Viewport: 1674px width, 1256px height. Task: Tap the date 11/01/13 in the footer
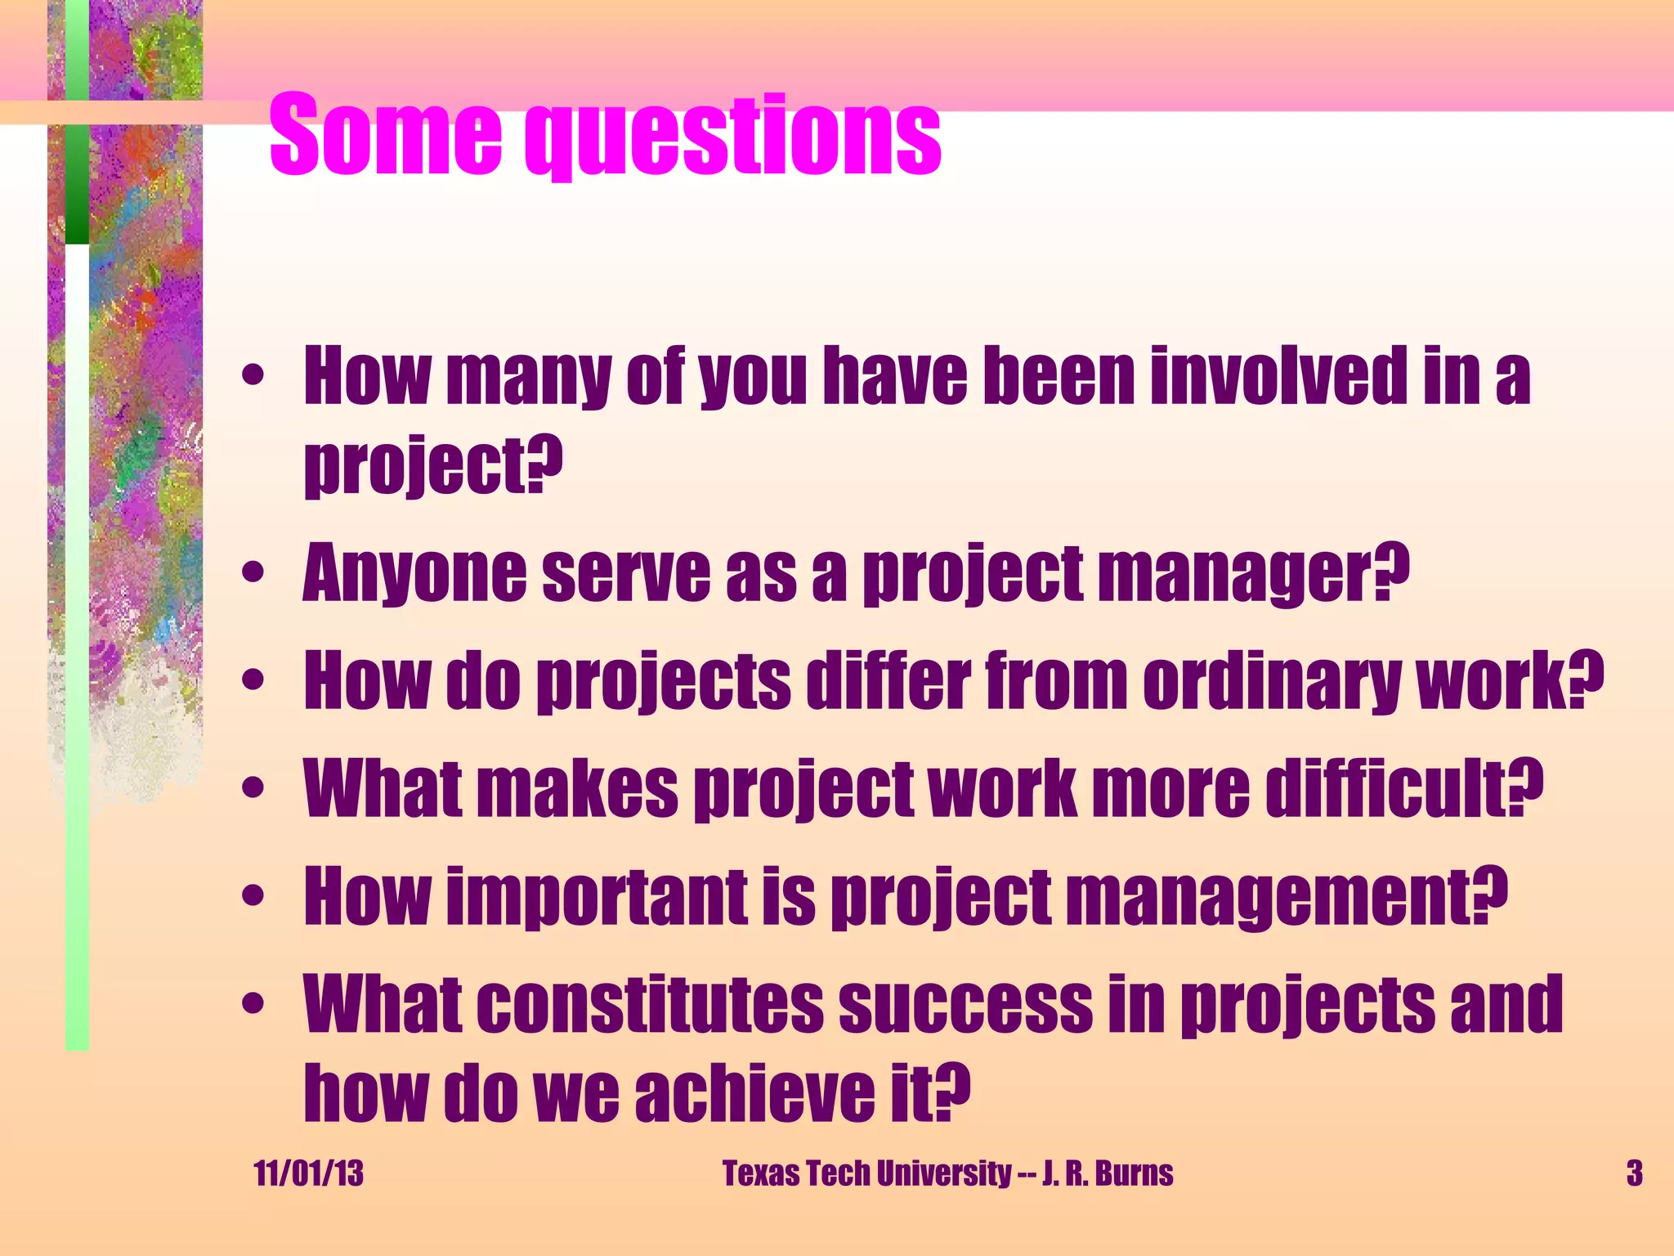[x=308, y=1173]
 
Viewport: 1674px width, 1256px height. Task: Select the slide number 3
[x=1634, y=1173]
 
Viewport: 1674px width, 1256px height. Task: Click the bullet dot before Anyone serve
[x=253, y=572]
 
